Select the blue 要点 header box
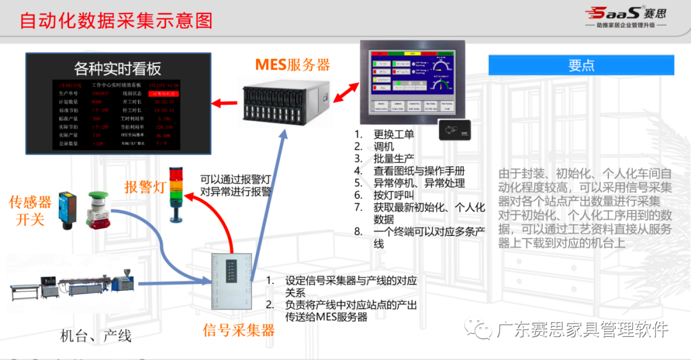click(581, 65)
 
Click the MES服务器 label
click(292, 65)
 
